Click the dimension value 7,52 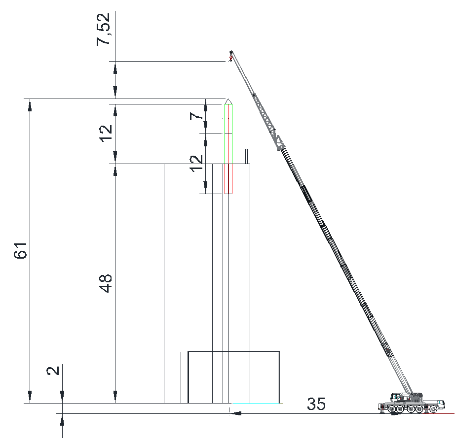104,29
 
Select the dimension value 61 21,250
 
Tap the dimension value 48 106,283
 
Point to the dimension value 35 316,404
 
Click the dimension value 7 196,116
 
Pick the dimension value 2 53,371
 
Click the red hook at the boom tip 230,58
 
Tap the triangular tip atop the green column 228,101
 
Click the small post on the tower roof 246,157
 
